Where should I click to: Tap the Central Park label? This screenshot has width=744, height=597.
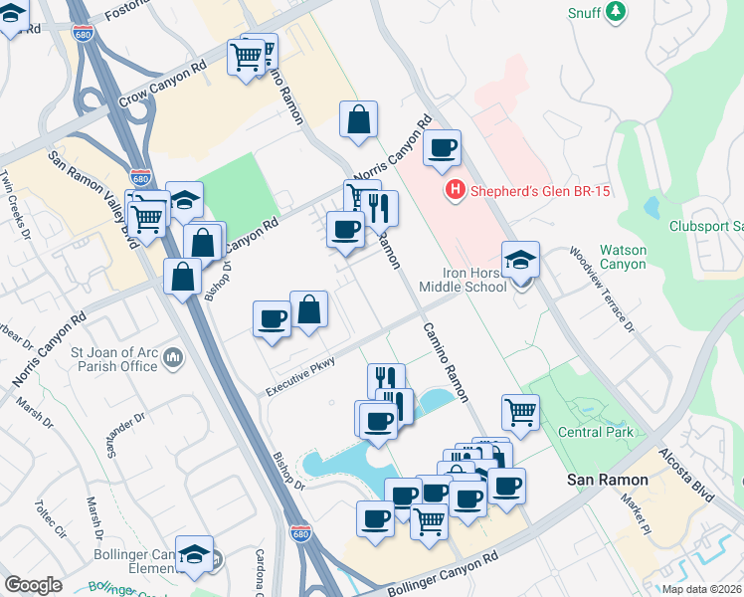click(592, 432)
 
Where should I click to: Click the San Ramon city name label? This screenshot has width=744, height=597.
click(608, 480)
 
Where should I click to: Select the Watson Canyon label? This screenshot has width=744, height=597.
click(623, 258)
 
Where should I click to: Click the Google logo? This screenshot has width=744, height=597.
click(33, 584)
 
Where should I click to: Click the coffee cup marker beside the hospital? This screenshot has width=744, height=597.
click(443, 149)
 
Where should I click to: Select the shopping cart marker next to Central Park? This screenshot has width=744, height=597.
click(521, 410)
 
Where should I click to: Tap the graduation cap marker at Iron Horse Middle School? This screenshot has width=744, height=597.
click(520, 261)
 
